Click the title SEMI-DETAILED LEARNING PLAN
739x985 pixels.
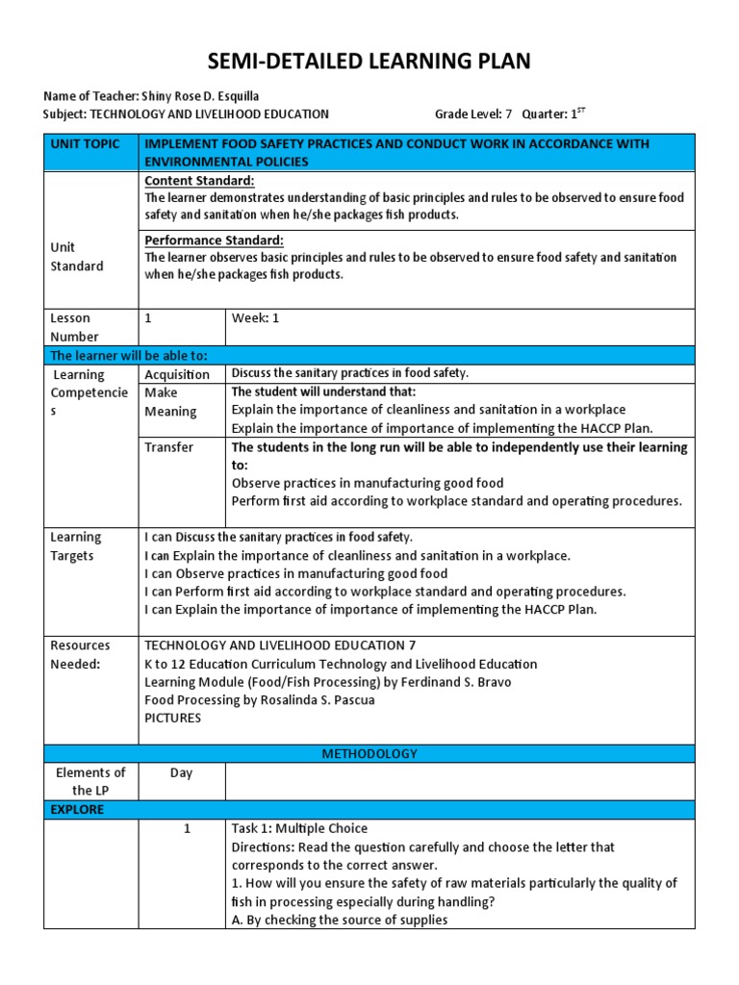[x=369, y=63]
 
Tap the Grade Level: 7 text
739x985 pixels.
[x=473, y=114]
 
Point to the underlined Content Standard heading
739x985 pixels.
[x=199, y=181]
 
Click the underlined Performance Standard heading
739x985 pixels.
[x=214, y=240]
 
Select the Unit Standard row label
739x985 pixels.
[x=76, y=256]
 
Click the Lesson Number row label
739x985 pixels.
[x=74, y=327]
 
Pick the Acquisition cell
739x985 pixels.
[x=177, y=374]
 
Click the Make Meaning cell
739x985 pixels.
[x=170, y=402]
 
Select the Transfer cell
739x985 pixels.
[x=168, y=447]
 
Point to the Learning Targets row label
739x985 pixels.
[x=76, y=546]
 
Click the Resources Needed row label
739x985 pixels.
[x=80, y=654]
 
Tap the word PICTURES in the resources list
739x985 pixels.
[x=172, y=719]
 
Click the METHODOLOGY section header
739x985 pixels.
[x=369, y=754]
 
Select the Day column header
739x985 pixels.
[x=182, y=772]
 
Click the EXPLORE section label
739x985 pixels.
[x=77, y=810]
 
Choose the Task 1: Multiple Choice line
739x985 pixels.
[x=299, y=828]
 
